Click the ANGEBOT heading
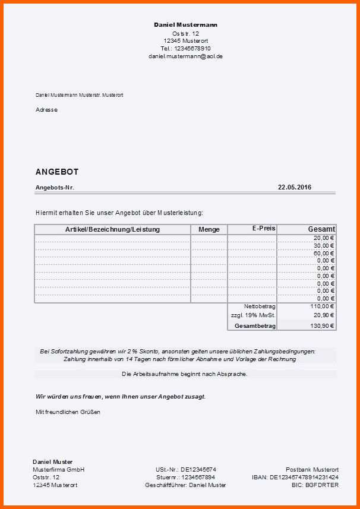57,172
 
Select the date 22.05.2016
295,187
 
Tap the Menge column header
209,229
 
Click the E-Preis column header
264,229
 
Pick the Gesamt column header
321,229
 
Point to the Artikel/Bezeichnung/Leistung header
112,229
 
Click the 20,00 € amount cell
324,238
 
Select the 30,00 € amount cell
324,245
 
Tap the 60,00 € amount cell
324,253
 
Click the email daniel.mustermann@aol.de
185,56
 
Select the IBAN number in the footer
304,477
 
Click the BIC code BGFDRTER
323,485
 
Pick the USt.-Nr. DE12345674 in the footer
185,469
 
